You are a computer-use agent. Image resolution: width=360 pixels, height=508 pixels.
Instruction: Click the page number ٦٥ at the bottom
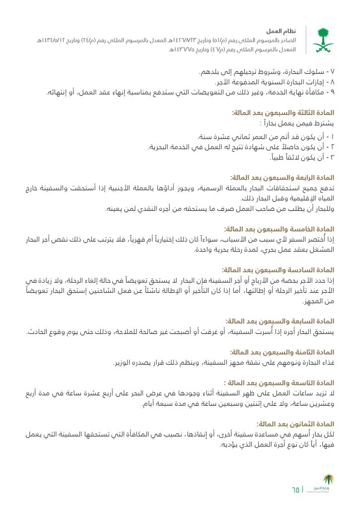(x=296, y=490)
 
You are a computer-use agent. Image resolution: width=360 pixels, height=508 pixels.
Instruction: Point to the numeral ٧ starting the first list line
(x=333, y=72)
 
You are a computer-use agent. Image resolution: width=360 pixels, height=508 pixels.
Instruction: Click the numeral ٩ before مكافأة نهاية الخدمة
(x=333, y=92)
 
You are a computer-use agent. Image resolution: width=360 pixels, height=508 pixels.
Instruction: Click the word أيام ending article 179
(x=149, y=404)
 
